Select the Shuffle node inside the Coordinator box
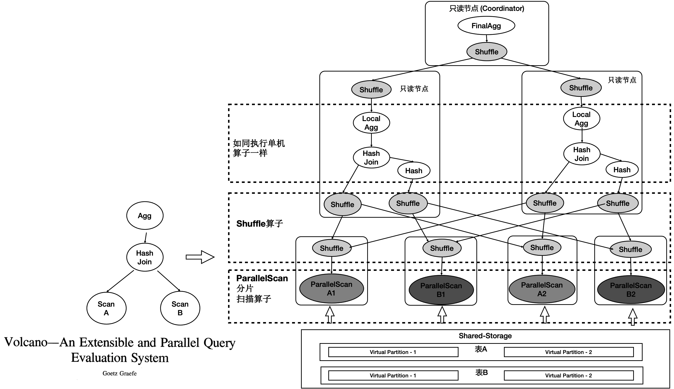(x=487, y=51)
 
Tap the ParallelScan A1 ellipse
(x=331, y=288)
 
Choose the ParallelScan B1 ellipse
(x=441, y=290)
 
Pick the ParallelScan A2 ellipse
(x=542, y=289)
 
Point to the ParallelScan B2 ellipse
(x=631, y=290)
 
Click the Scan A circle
(x=106, y=308)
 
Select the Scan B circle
(x=180, y=308)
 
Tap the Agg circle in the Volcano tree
(x=144, y=216)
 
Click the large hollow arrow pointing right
(x=200, y=257)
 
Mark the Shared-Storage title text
(x=485, y=336)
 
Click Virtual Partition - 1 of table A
(x=393, y=352)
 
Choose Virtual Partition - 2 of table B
(x=568, y=375)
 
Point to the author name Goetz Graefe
(x=119, y=373)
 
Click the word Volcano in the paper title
(x=26, y=342)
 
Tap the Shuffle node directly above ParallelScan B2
(x=631, y=249)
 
